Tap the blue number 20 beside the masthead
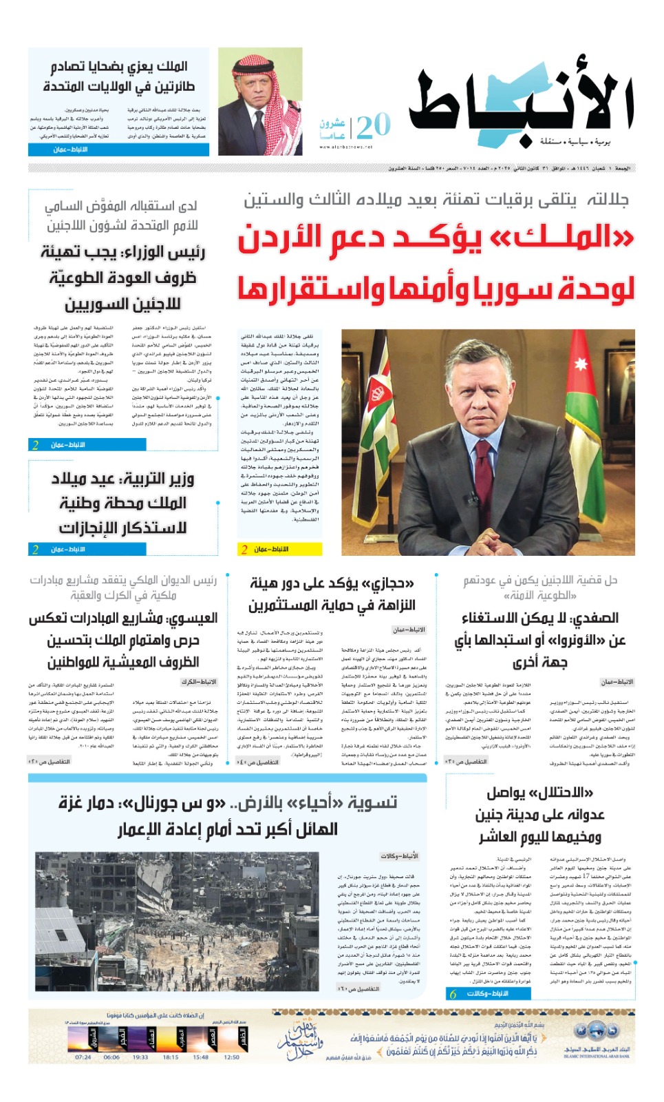(374, 126)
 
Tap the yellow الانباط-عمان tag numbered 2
(279, 549)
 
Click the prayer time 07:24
(83, 1057)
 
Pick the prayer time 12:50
(232, 1057)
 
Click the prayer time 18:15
(171, 1057)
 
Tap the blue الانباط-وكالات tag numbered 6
(488, 993)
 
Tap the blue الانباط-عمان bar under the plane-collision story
(118, 149)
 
